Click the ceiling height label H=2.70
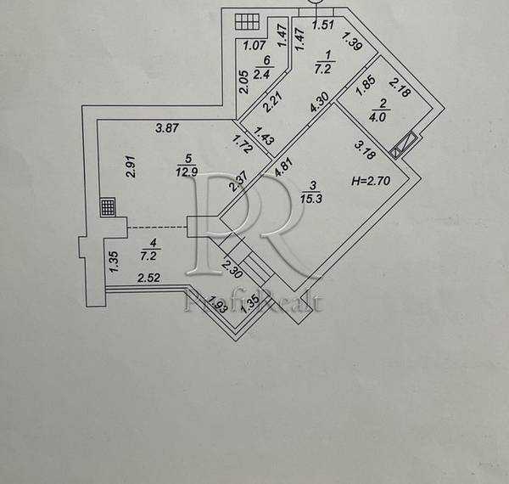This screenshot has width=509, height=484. pyautogui.click(x=371, y=181)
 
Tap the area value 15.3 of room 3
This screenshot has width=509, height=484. pyautogui.click(x=311, y=199)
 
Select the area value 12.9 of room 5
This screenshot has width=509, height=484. pyautogui.click(x=187, y=172)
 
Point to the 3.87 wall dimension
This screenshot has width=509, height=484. pyautogui.click(x=167, y=127)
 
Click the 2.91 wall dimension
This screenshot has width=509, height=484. pyautogui.click(x=131, y=166)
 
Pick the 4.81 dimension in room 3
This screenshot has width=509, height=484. pyautogui.click(x=284, y=166)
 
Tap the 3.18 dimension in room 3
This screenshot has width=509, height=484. pyautogui.click(x=365, y=149)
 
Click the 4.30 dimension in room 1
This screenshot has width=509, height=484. pyautogui.click(x=320, y=102)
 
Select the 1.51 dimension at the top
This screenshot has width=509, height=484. pyautogui.click(x=322, y=25)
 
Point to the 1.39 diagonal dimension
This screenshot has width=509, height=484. pyautogui.click(x=351, y=42)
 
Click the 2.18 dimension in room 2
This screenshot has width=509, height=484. pyautogui.click(x=400, y=87)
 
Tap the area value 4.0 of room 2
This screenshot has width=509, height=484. pyautogui.click(x=378, y=117)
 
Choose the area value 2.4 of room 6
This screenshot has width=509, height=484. pyautogui.click(x=261, y=75)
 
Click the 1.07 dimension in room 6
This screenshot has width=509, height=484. pyautogui.click(x=255, y=46)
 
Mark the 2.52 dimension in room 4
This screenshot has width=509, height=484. pyautogui.click(x=149, y=278)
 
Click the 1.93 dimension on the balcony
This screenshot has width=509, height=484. pyautogui.click(x=217, y=304)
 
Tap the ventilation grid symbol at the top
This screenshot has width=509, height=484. pyautogui.click(x=247, y=22)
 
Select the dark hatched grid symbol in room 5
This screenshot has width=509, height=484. pyautogui.click(x=108, y=207)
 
